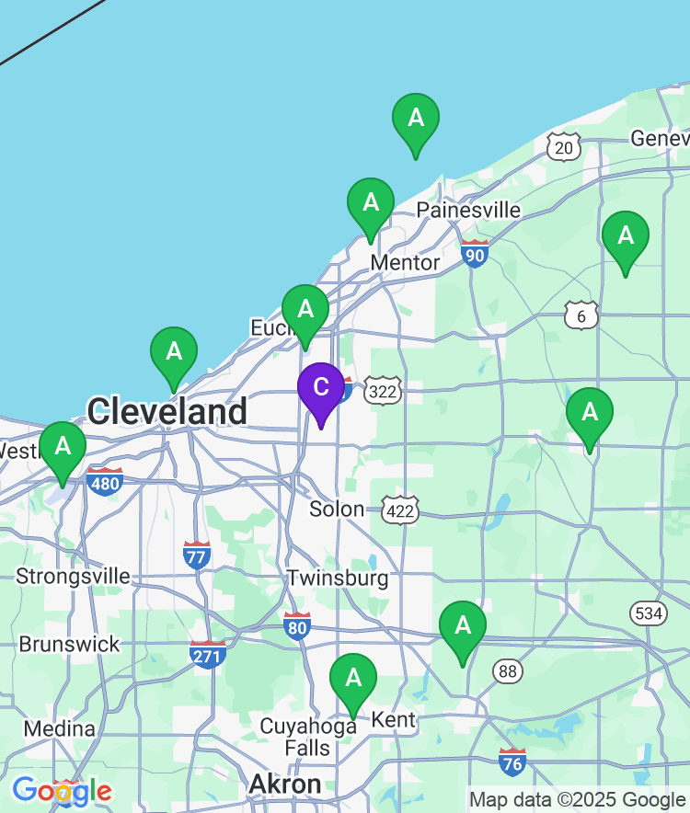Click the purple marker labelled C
(x=321, y=388)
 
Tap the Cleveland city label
(x=167, y=410)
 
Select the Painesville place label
(x=468, y=210)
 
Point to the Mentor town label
(x=405, y=263)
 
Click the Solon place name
(x=337, y=509)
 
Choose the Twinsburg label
(x=338, y=578)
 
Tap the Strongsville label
(x=73, y=577)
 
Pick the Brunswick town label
(x=70, y=644)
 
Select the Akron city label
(x=286, y=784)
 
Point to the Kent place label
(x=394, y=719)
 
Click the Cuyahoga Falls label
(x=307, y=737)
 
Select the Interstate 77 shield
(x=197, y=555)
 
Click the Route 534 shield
(x=650, y=613)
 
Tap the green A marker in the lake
(x=416, y=119)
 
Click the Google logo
(x=62, y=790)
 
